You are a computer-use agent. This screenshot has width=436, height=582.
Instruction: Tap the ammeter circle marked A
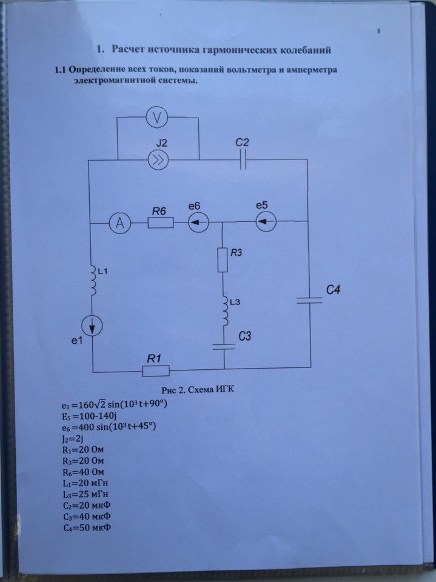[121, 224]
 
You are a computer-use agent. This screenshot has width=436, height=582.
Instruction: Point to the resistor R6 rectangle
[161, 223]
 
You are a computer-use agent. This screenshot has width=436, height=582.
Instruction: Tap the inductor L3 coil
[224, 310]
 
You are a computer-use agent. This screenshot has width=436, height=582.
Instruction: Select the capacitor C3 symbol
[224, 346]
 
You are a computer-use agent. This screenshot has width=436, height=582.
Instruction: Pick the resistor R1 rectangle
[155, 369]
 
